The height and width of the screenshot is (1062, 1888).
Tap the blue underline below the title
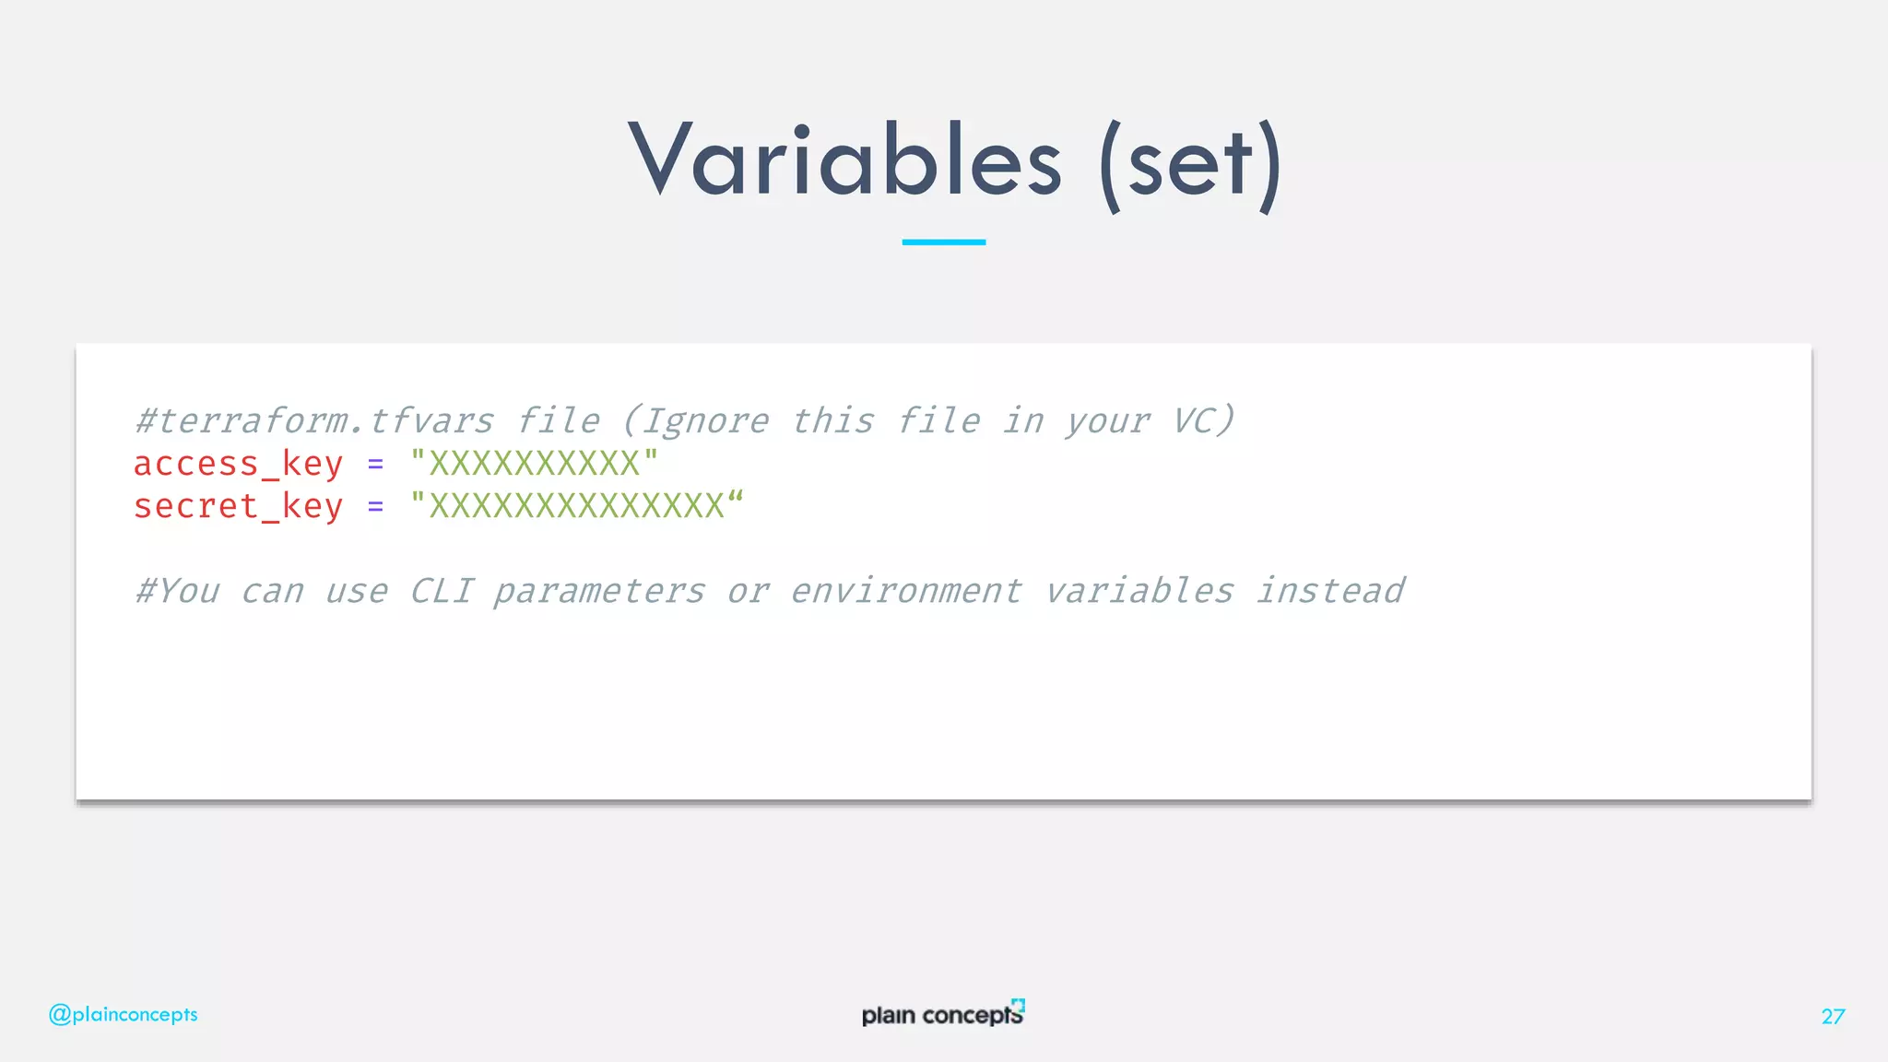[943, 242]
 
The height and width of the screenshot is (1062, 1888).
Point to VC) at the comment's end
[1203, 421]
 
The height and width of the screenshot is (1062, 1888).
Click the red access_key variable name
[238, 464]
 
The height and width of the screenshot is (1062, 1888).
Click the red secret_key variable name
[238, 506]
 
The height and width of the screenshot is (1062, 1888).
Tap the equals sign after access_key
[375, 465]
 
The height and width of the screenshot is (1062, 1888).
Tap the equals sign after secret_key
[375, 507]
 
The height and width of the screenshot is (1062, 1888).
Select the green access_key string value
[534, 463]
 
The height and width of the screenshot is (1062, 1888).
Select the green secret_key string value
[576, 505]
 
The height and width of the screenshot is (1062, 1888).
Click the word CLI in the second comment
[442, 591]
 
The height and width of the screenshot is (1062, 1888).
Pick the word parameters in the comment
[599, 592]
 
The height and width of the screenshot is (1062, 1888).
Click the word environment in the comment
[906, 591]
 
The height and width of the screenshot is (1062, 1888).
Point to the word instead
[1330, 591]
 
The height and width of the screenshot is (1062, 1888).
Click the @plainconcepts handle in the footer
[123, 1014]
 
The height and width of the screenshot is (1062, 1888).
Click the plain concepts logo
[942, 1014]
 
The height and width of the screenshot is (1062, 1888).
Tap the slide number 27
[1833, 1016]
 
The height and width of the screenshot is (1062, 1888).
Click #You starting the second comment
[177, 591]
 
